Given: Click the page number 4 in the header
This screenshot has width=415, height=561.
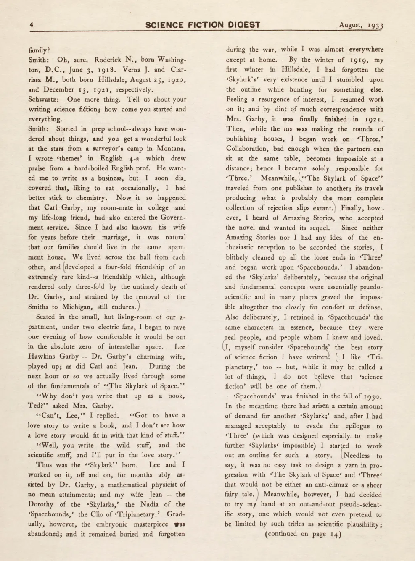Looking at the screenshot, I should point(31,25).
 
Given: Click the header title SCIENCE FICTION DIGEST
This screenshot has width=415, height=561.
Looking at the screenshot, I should point(203,25).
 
